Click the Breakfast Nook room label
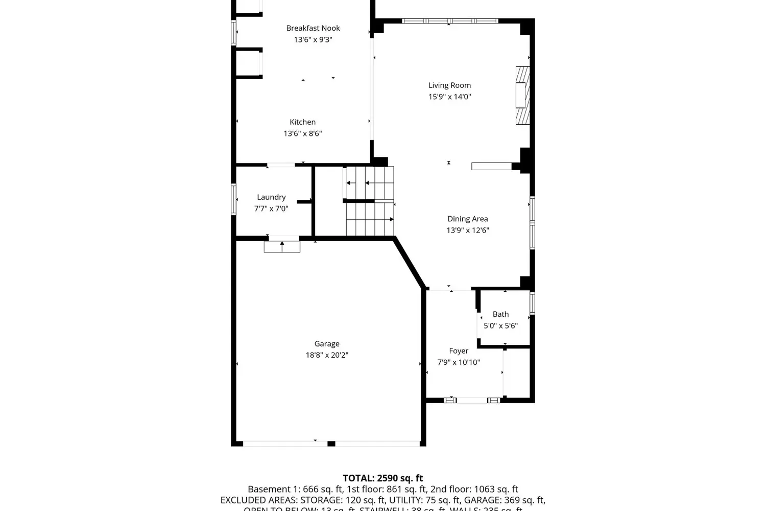pyautogui.click(x=313, y=28)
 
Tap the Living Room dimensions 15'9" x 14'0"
pyautogui.click(x=449, y=97)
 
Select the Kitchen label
pyautogui.click(x=302, y=122)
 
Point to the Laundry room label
pyautogui.click(x=271, y=197)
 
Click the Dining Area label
pyautogui.click(x=467, y=219)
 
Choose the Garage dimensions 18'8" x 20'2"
pyautogui.click(x=327, y=355)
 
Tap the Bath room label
pyautogui.click(x=500, y=314)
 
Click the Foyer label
pyautogui.click(x=459, y=351)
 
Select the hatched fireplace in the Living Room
pyautogui.click(x=522, y=95)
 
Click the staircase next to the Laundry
pyautogui.click(x=370, y=202)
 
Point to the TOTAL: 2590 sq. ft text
pyautogui.click(x=382, y=478)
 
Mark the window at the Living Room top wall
pyautogui.click(x=449, y=21)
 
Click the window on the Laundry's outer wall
pyautogui.click(x=234, y=199)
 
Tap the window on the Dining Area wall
pyautogui.click(x=532, y=223)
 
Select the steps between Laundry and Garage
pyautogui.click(x=282, y=246)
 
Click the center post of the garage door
pyautogui.click(x=331, y=444)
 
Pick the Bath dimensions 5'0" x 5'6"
pyautogui.click(x=500, y=326)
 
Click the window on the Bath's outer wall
pyautogui.click(x=532, y=303)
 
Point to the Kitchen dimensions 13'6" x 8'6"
pyautogui.click(x=302, y=133)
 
